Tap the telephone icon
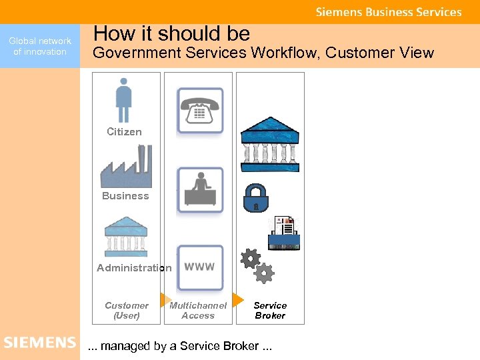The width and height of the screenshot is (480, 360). [199, 111]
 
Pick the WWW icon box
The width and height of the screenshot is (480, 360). [199, 267]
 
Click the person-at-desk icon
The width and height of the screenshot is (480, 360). [199, 189]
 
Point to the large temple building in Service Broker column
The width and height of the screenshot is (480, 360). [270, 144]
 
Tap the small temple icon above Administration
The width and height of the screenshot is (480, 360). [126, 236]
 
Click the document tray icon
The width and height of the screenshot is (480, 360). [284, 233]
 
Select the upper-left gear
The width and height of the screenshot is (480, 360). [250, 258]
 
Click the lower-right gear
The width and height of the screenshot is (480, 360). [265, 273]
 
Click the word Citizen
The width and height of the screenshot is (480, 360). [124, 132]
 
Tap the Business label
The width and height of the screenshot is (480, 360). [125, 196]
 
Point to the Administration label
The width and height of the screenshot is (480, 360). [134, 268]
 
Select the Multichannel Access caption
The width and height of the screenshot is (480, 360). [198, 311]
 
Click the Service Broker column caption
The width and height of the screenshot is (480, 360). [270, 311]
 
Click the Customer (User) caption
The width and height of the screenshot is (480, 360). [127, 311]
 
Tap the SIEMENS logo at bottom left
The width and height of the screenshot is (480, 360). [40, 343]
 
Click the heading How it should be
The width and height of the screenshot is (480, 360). [172, 33]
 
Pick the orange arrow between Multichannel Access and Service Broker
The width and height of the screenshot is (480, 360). [237, 299]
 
